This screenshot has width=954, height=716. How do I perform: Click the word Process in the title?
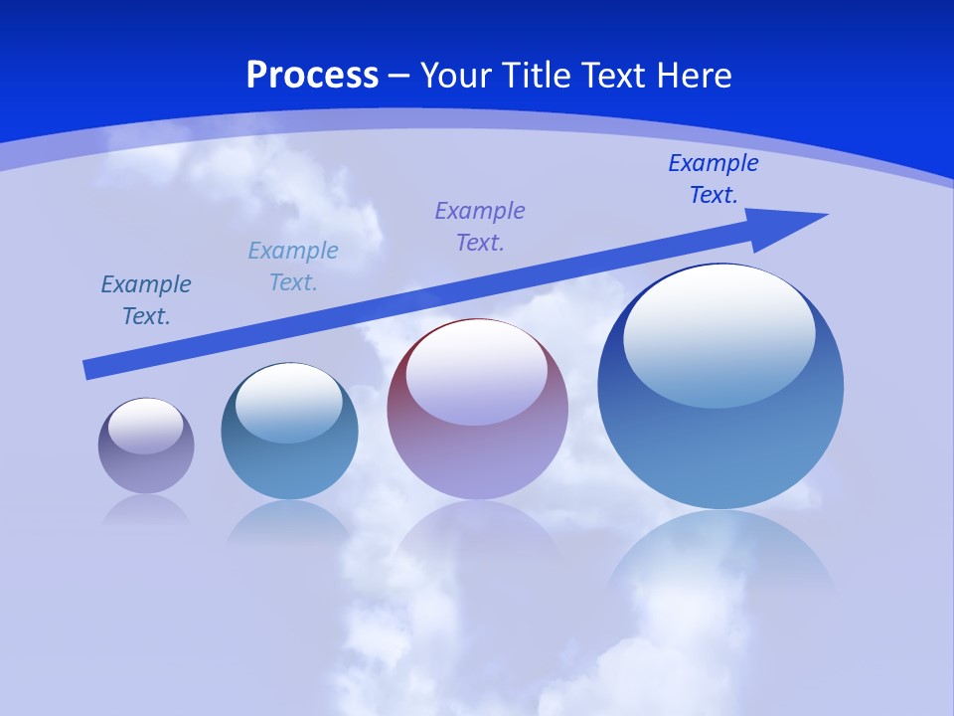tap(312, 76)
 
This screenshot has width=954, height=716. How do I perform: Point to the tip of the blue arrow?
tap(825, 215)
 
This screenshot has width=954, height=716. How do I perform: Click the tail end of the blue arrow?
tap(87, 370)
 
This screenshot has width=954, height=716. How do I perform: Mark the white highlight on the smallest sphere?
tap(145, 426)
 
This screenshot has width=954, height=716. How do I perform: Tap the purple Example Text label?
tap(480, 227)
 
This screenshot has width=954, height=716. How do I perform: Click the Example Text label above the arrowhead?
tap(714, 179)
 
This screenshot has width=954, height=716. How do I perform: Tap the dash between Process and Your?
tap(399, 76)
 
